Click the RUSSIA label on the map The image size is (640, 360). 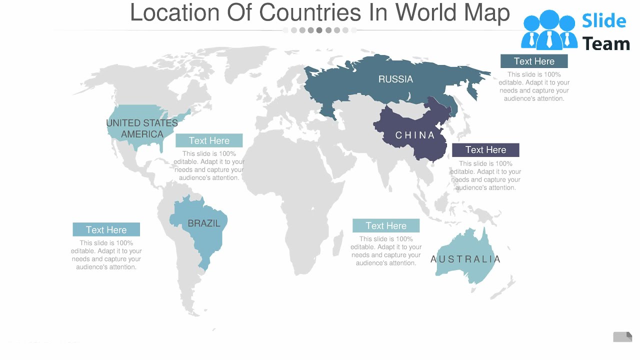pyautogui.click(x=395, y=79)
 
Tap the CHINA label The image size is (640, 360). pyautogui.click(x=415, y=135)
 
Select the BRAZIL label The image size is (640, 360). pyautogui.click(x=204, y=223)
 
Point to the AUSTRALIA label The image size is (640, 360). pyautogui.click(x=465, y=259)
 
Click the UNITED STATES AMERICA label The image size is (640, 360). pyautogui.click(x=142, y=128)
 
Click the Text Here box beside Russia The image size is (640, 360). pyautogui.click(x=534, y=61)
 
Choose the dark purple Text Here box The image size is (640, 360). pyautogui.click(x=485, y=150)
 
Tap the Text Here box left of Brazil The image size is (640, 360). pyautogui.click(x=106, y=230)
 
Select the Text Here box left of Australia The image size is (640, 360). pyautogui.click(x=386, y=226)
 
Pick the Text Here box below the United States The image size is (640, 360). pyautogui.click(x=209, y=141)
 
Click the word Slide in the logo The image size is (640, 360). pyautogui.click(x=603, y=21)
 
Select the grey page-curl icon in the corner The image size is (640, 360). pyautogui.click(x=622, y=337)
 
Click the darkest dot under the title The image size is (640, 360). pyautogui.click(x=319, y=30)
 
